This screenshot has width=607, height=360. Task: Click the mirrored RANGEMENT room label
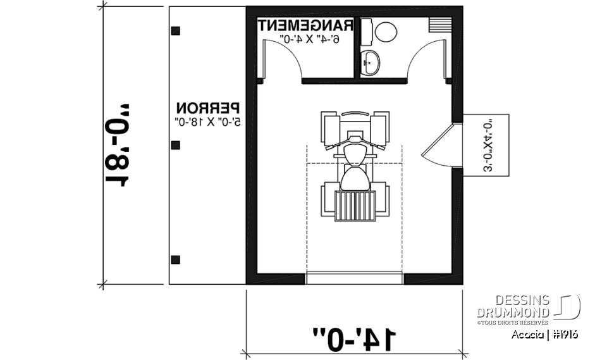(305, 26)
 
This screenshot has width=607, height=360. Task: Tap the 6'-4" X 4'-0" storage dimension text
(310, 40)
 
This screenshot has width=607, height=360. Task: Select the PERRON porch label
(208, 108)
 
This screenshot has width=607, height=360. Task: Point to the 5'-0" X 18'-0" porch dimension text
(208, 121)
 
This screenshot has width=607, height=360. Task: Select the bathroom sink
(371, 61)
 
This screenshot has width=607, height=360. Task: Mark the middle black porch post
(176, 145)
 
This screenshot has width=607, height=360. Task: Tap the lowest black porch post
(176, 259)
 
